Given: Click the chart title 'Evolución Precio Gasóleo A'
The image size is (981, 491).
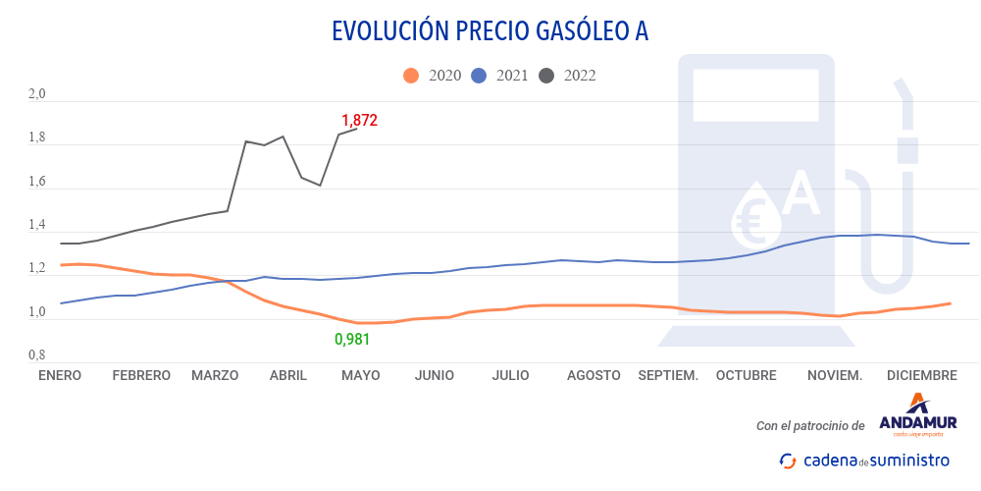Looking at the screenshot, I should pyautogui.click(x=490, y=31).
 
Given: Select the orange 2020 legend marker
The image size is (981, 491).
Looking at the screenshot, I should pyautogui.click(x=411, y=76).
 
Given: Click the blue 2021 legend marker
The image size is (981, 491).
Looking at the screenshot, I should pyautogui.click(x=480, y=76).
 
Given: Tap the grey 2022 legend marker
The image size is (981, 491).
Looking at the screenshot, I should pyautogui.click(x=547, y=76).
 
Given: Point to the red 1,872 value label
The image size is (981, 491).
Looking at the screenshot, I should pyautogui.click(x=359, y=121).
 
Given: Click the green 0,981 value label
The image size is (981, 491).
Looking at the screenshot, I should pyautogui.click(x=352, y=340).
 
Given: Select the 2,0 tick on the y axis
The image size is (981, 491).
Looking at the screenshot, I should pyautogui.click(x=37, y=94).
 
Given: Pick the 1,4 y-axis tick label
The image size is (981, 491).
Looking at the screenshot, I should pyautogui.click(x=37, y=226).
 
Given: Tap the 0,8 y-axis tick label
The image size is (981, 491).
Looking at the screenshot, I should pyautogui.click(x=37, y=355).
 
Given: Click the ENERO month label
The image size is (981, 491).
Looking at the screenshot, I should pyautogui.click(x=60, y=375).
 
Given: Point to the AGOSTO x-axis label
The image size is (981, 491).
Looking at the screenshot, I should pyautogui.click(x=594, y=375).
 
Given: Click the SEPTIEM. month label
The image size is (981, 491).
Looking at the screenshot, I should pyautogui.click(x=668, y=375).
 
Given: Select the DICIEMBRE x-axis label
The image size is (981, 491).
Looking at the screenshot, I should pyautogui.click(x=921, y=375).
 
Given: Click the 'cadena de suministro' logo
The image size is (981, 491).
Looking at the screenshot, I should pyautogui.click(x=864, y=460).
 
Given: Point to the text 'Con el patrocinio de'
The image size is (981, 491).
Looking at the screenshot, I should pyautogui.click(x=810, y=426).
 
